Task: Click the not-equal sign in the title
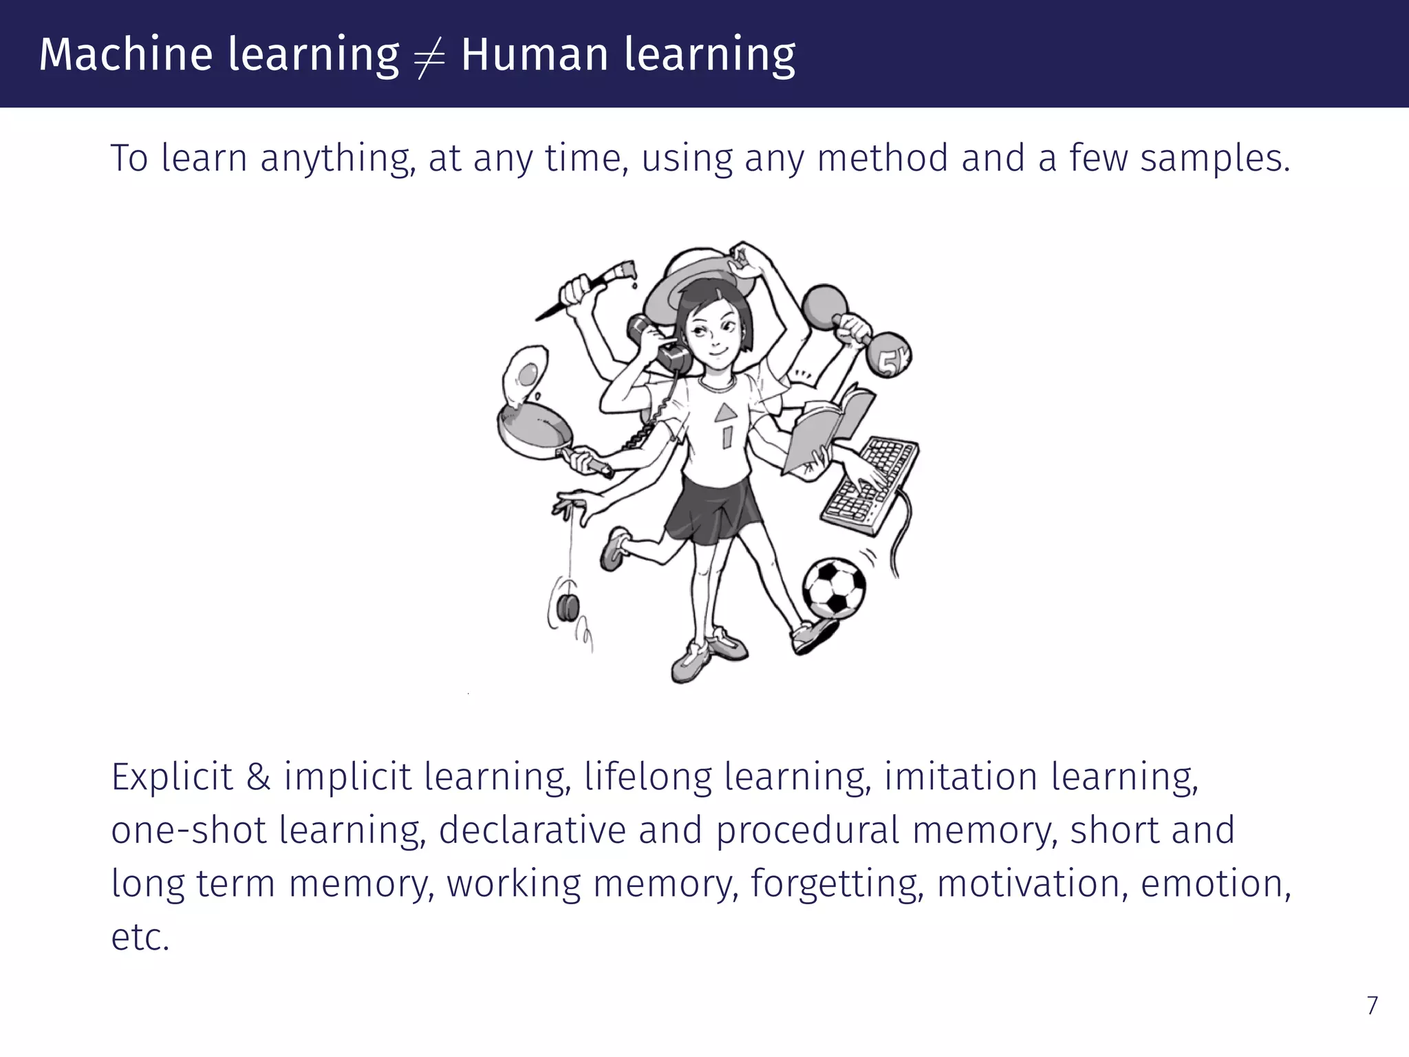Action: (429, 55)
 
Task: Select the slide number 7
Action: (1372, 1006)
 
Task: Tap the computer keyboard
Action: (869, 484)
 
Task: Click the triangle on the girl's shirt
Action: (724, 413)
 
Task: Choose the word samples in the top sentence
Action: (1215, 158)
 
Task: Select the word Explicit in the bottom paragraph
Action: (172, 778)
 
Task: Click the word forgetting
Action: (837, 885)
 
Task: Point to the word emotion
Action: (1215, 884)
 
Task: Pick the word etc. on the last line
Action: (140, 937)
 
